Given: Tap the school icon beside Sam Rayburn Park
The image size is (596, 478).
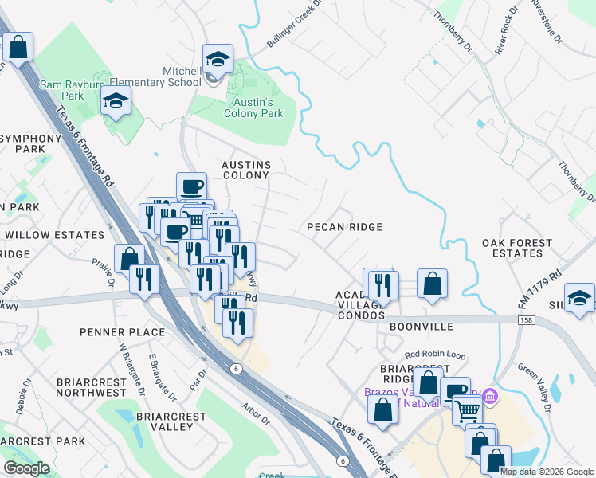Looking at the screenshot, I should (116, 101).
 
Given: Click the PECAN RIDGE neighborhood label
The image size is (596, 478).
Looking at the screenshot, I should (345, 227).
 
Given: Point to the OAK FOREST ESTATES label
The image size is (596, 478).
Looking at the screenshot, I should (516, 248).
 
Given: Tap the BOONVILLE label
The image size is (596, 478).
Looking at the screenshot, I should (422, 327).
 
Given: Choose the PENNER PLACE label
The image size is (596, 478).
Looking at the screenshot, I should (123, 331).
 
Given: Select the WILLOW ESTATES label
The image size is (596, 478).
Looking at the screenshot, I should (54, 235).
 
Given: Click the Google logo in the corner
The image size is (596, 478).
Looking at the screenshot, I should (26, 468).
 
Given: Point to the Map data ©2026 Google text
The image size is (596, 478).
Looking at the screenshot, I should (547, 472).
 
